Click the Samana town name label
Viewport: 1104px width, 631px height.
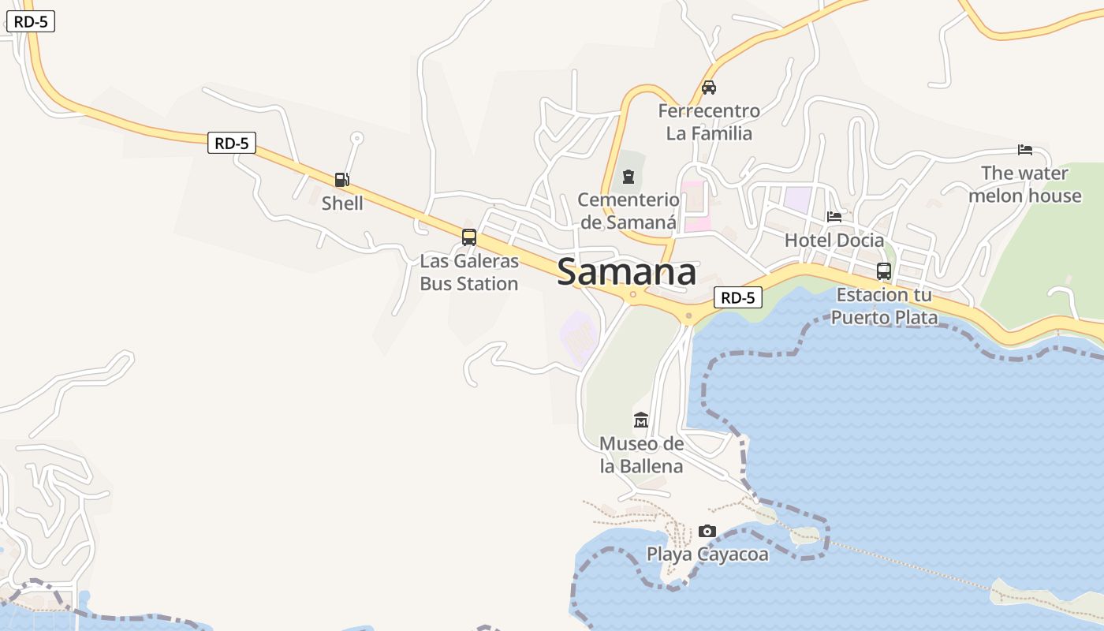(626, 273)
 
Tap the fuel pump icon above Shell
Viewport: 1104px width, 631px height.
(341, 180)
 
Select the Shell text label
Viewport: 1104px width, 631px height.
(342, 203)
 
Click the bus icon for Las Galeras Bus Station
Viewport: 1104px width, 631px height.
(469, 237)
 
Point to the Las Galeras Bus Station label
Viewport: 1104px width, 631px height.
(469, 272)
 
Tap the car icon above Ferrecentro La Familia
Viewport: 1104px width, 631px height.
(709, 88)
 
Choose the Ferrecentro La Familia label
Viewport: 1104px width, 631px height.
(709, 122)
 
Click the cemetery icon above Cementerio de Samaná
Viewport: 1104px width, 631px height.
(628, 177)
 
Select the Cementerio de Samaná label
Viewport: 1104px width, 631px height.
(628, 211)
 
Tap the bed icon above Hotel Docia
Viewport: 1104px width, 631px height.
(834, 216)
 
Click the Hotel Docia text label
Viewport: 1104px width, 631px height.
(834, 240)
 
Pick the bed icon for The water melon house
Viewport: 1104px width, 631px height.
(1025, 149)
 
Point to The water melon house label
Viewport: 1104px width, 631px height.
(1024, 185)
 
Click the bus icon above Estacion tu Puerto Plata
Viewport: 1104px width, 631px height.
(884, 271)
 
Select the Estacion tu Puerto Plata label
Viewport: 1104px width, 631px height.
(884, 307)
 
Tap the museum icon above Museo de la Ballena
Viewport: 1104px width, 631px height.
(641, 420)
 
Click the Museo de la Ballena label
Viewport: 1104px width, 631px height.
(641, 455)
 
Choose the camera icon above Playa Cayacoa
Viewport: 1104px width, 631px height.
(707, 531)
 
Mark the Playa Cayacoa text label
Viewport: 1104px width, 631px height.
(707, 554)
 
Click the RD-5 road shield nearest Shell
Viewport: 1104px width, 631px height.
(232, 143)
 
